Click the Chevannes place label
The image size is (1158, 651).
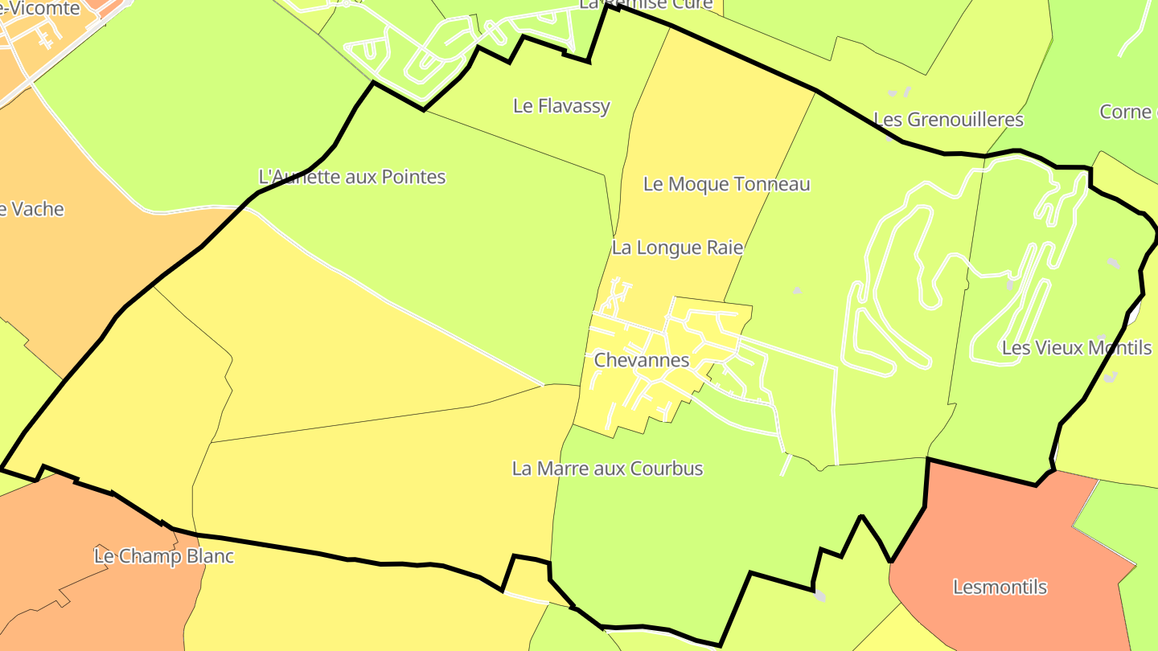click(x=641, y=360)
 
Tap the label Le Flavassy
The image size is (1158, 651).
click(x=561, y=106)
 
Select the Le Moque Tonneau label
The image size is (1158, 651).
click(x=726, y=184)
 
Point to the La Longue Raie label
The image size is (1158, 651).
click(x=677, y=248)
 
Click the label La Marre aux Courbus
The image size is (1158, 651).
click(x=607, y=469)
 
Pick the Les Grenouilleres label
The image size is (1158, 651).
click(x=948, y=120)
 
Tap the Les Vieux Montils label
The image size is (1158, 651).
click(x=1076, y=348)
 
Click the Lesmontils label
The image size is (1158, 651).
click(x=1000, y=587)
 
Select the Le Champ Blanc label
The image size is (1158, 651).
click(x=164, y=556)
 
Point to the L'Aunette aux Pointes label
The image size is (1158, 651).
click(x=352, y=177)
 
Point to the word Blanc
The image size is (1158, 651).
click(x=207, y=556)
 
